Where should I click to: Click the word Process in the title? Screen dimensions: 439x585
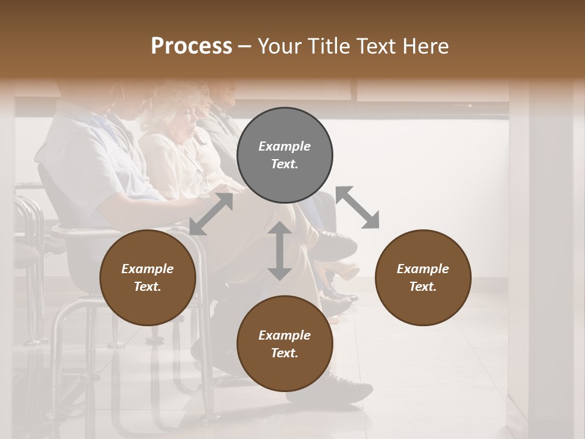191,46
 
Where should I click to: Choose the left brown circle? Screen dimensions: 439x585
147,277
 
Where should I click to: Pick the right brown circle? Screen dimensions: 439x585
423,277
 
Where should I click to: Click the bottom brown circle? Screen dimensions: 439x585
285,343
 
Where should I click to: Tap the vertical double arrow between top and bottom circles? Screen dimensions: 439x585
280,251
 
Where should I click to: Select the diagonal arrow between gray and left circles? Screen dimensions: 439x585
211,213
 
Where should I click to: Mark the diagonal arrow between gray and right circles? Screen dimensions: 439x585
358,207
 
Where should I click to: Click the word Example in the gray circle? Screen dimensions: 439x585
285,146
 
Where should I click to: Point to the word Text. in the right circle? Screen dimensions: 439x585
423,287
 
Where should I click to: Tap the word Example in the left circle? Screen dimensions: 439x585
147,269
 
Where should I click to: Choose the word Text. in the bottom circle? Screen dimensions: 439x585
285,353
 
